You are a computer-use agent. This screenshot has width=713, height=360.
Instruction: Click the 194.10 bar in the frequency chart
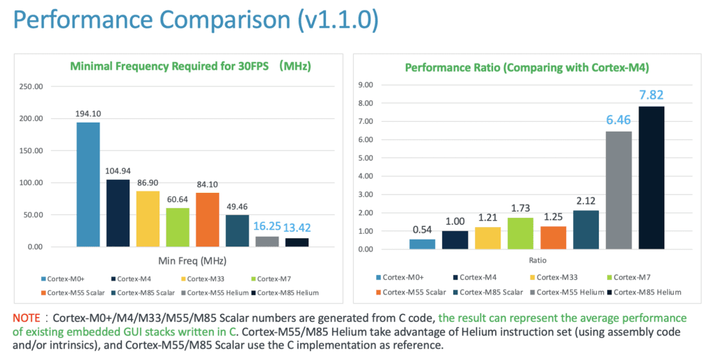click(x=88, y=185)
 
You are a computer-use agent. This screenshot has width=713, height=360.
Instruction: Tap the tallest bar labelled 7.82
click(x=651, y=178)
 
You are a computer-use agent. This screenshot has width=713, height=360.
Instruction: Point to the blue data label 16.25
click(x=267, y=226)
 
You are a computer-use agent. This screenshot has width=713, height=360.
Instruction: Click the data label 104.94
click(x=118, y=171)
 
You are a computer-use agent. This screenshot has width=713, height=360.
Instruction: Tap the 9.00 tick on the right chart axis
click(x=383, y=85)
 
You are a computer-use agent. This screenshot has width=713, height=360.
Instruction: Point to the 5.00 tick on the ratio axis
click(x=383, y=158)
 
